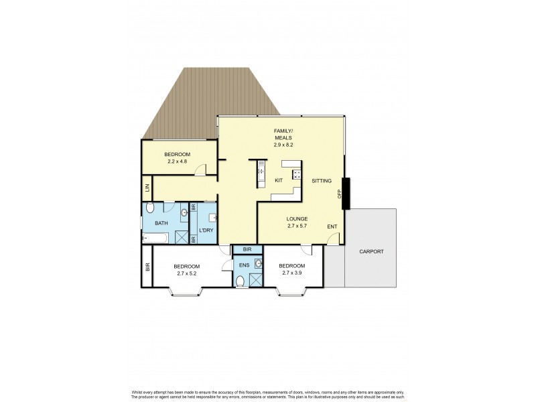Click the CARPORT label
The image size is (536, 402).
click(371, 251)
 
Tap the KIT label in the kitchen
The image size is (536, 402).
click(279, 181)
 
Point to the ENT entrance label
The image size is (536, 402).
click(332, 227)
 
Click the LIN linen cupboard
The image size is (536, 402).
click(147, 188)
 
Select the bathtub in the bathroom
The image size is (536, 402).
click(157, 237)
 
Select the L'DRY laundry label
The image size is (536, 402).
click(207, 230)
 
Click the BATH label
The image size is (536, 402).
click(161, 223)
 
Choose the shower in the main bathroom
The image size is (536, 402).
click(181, 237)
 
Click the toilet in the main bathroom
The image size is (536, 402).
click(150, 208)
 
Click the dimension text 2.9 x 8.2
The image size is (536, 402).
click(282, 145)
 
